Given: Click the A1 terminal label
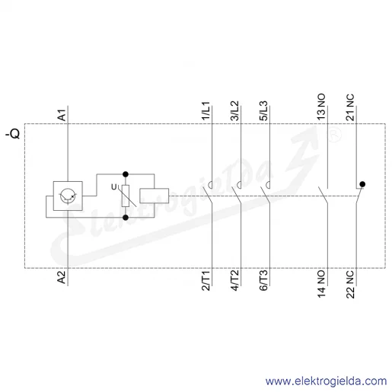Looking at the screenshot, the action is [62, 115].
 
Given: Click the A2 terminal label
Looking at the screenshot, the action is [62, 277].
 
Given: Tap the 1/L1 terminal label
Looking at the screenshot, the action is [206, 111].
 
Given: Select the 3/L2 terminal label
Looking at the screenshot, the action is [235, 110].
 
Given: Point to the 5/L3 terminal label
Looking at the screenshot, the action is [264, 110].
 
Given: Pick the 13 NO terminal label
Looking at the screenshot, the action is [321, 107].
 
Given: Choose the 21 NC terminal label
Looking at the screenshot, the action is [350, 107].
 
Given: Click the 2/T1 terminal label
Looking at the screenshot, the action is [206, 281].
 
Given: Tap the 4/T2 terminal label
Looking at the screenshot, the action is [235, 281].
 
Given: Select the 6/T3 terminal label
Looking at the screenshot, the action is [264, 281].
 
